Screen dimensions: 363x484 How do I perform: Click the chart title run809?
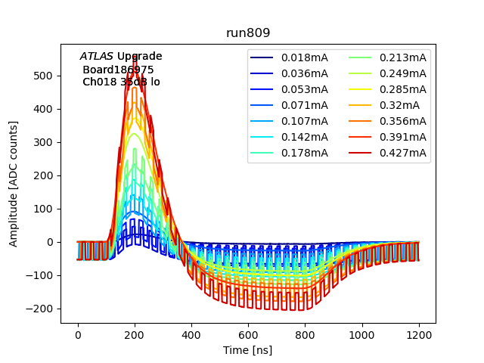pos(248,34)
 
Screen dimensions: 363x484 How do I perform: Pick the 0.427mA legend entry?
pos(402,153)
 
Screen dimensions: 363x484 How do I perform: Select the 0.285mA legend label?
pos(402,89)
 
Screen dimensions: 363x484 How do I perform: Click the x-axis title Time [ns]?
pos(248,350)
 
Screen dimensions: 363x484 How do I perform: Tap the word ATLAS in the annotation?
pos(96,56)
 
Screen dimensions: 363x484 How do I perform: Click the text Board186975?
pos(118,70)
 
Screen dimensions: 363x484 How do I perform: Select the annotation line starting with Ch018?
pos(121,82)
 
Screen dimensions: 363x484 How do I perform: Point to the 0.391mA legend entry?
pos(402,137)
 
